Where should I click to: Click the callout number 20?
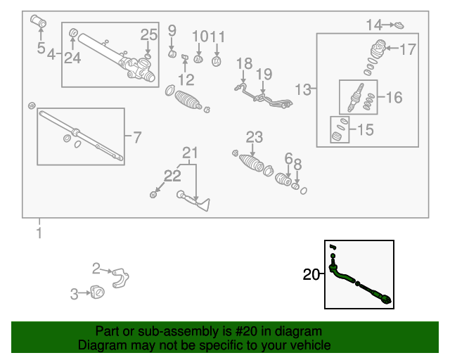(311, 275)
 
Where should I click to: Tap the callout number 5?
(41, 49)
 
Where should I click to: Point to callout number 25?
(149, 34)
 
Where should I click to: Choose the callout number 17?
(408, 49)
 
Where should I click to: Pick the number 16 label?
(394, 97)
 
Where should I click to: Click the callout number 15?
(366, 129)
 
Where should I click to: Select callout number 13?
(302, 89)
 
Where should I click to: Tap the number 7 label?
(136, 135)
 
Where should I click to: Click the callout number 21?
(191, 153)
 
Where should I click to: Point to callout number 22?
(172, 175)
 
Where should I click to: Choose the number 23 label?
(254, 136)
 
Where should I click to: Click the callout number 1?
(39, 233)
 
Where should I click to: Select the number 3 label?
(74, 295)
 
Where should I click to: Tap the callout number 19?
(263, 74)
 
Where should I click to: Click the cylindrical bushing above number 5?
(39, 23)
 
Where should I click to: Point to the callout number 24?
(72, 58)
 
